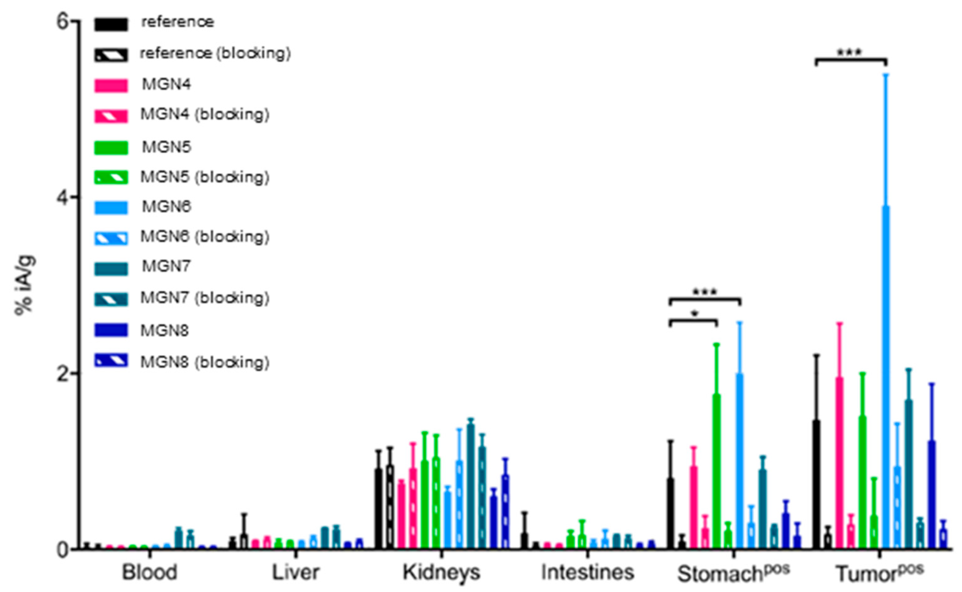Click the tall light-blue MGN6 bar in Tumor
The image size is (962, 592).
tap(885, 376)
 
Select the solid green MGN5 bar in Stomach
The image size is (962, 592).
tap(716, 470)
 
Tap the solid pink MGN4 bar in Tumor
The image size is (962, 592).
tap(839, 462)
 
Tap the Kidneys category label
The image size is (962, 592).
tap(441, 573)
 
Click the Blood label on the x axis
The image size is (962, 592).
tap(149, 573)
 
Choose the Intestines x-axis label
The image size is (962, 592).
tap(587, 573)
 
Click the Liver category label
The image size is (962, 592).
tap(295, 573)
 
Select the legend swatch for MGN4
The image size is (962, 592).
tap(111, 85)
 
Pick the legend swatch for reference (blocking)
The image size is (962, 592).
tap(111, 55)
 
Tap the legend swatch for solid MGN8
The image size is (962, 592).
tap(111, 330)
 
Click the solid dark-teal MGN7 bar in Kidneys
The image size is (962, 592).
tap(471, 485)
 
